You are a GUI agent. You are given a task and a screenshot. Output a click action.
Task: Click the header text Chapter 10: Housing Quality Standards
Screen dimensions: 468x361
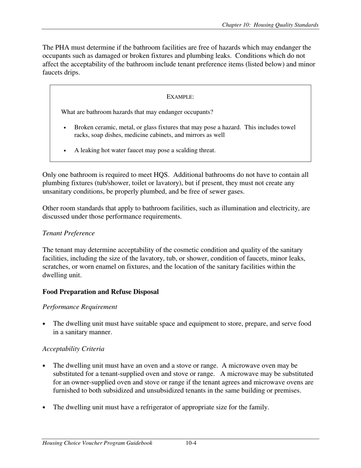tap(270, 25)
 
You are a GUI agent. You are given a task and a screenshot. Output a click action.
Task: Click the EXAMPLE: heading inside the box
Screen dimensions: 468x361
tap(180, 97)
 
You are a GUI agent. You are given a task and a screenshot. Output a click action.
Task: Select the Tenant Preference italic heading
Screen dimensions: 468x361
tap(68, 233)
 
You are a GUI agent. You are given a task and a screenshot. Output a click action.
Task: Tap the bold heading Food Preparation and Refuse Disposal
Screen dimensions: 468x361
tap(100, 292)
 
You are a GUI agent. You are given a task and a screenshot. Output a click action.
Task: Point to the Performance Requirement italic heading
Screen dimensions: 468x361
tap(80, 307)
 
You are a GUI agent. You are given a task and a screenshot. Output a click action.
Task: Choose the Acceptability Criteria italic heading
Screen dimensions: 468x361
tap(73, 349)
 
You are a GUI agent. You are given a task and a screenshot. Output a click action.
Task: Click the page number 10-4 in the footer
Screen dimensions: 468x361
tap(191, 443)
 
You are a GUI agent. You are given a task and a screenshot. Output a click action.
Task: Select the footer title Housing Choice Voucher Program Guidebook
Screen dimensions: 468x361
tap(97, 443)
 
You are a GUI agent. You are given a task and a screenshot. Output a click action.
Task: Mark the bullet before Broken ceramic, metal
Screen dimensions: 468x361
tap(65, 128)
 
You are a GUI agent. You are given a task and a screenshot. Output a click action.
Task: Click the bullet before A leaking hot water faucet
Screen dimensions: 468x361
tap(65, 151)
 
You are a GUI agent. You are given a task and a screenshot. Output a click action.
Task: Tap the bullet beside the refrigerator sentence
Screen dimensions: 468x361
tap(45, 408)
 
